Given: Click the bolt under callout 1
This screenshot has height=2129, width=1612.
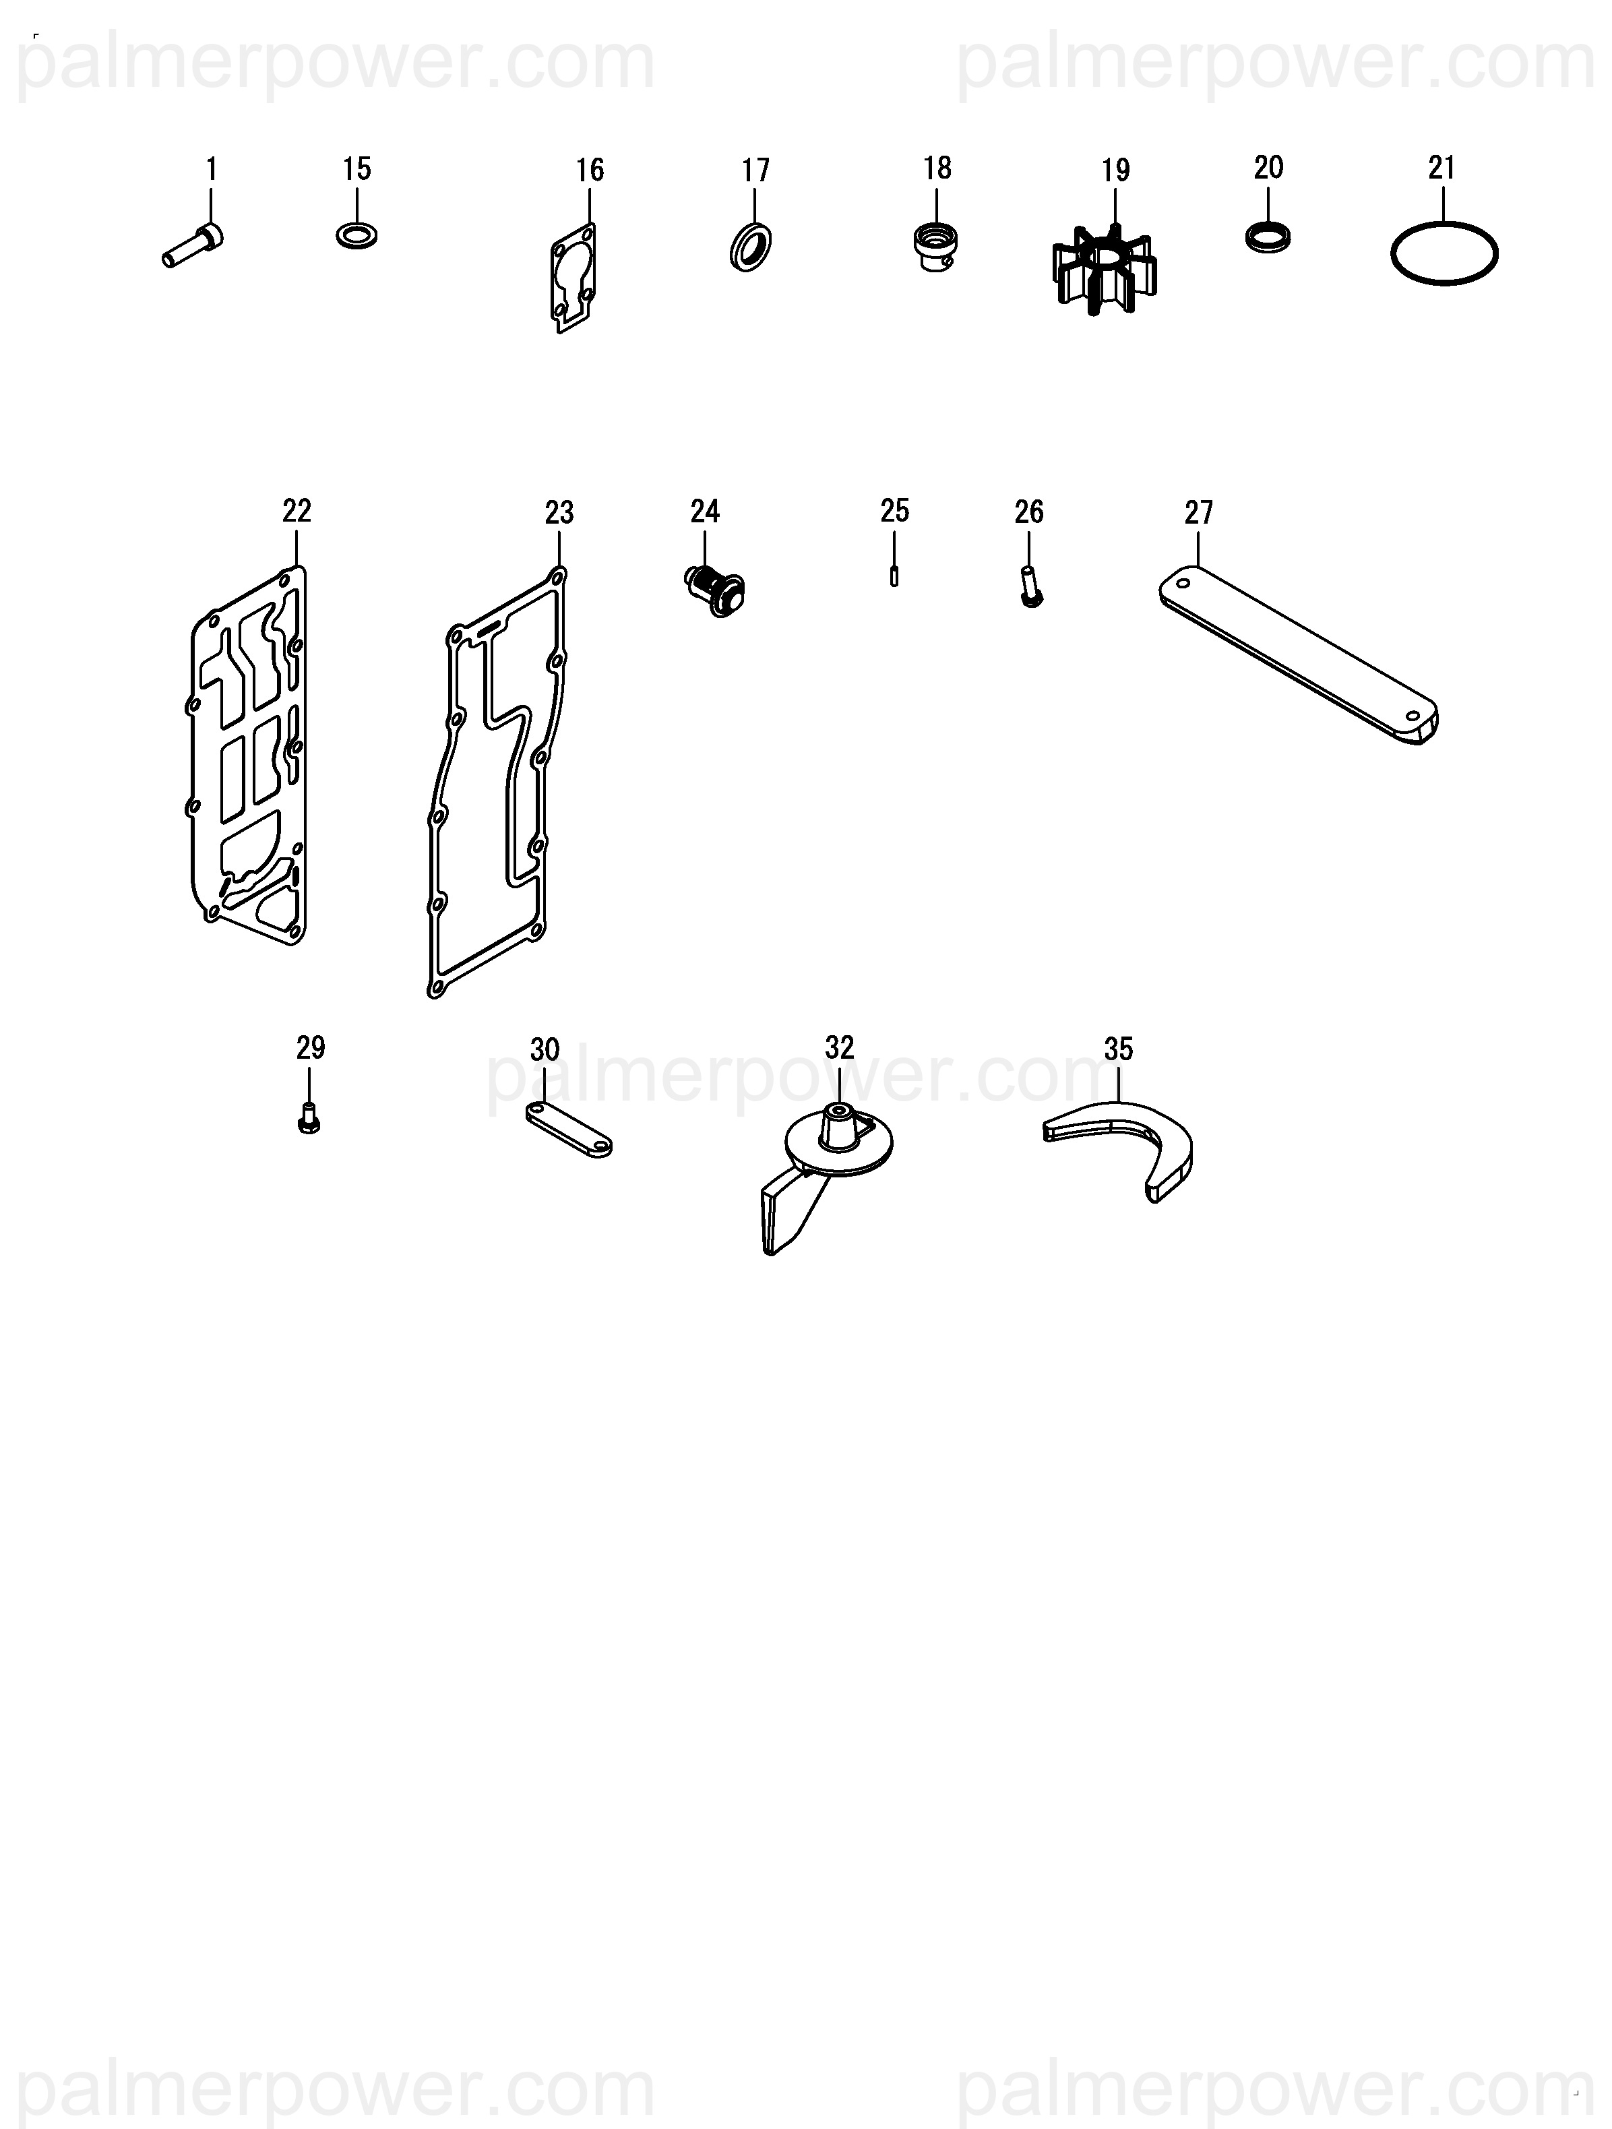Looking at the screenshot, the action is click(x=193, y=247).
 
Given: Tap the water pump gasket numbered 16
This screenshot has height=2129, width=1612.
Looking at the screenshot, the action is click(x=573, y=277).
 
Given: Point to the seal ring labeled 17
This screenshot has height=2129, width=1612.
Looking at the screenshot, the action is click(x=751, y=247).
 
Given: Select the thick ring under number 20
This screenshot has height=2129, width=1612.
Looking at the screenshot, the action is click(x=1268, y=238).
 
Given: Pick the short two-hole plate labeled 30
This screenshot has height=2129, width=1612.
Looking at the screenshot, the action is click(x=569, y=1130).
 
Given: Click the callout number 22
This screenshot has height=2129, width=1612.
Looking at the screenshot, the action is click(x=297, y=511).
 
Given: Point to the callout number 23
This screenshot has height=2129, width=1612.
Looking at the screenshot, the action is click(x=559, y=513).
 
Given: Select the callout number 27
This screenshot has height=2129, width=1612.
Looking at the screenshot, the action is click(x=1199, y=512).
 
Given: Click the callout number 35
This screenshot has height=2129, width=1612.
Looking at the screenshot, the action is click(x=1118, y=1049).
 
